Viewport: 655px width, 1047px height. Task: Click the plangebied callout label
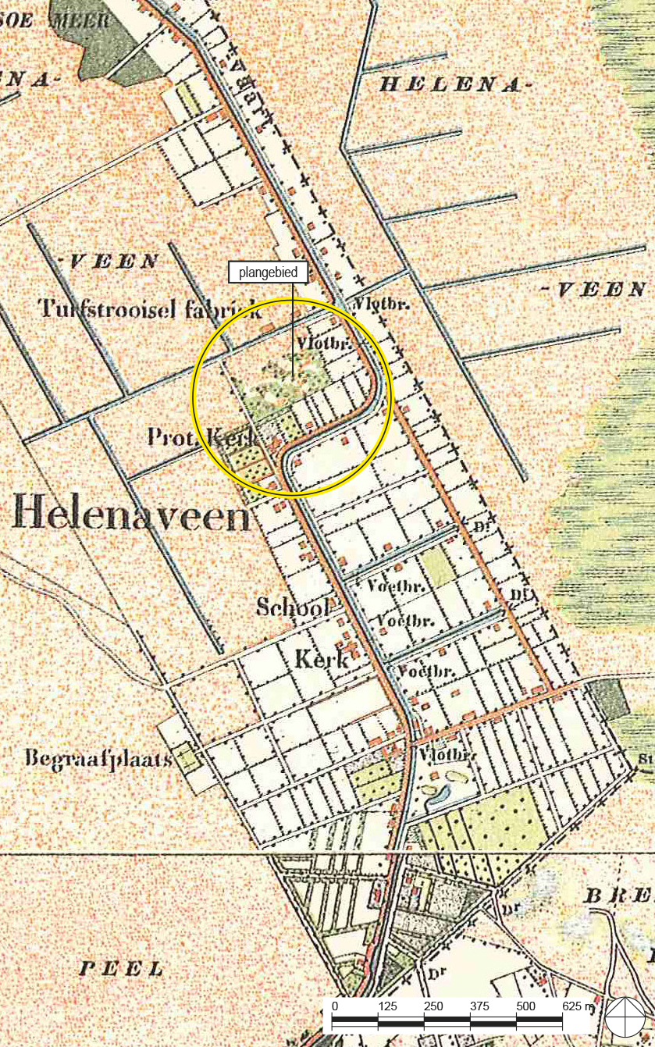click(x=268, y=272)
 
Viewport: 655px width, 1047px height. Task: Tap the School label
click(x=294, y=606)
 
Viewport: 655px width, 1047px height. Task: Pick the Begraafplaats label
click(x=98, y=757)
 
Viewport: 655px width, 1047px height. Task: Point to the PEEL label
click(x=122, y=969)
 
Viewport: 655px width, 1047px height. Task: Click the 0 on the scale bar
click(x=334, y=1006)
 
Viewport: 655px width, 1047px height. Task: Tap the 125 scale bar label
click(x=388, y=1006)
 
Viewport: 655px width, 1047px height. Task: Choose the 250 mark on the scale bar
click(x=434, y=1006)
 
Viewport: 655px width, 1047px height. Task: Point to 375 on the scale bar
click(x=480, y=1006)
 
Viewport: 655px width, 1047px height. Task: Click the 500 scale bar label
click(x=526, y=1006)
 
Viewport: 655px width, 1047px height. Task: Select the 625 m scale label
click(x=578, y=1006)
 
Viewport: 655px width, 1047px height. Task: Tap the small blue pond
click(x=438, y=795)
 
